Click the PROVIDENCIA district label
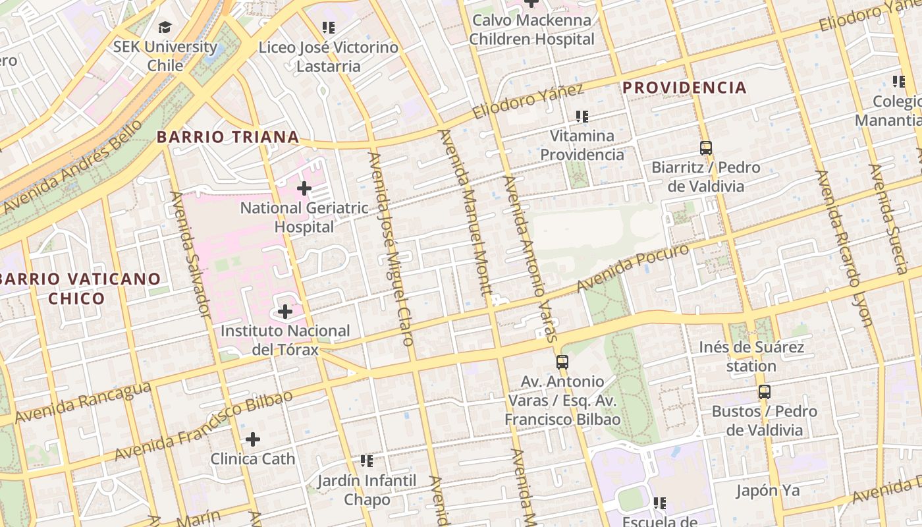point(684,88)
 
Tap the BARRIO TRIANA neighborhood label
point(228,137)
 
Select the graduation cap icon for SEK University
point(165,28)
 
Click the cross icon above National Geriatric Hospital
point(304,189)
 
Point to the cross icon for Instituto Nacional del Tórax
point(285,311)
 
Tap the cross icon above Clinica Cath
point(253,439)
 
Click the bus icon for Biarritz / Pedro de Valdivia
point(706,148)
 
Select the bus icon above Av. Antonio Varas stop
point(562,362)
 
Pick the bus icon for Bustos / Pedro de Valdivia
point(764,392)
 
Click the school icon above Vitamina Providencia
point(582,117)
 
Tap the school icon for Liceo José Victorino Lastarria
point(328,28)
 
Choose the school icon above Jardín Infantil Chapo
point(366,461)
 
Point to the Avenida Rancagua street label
point(82,403)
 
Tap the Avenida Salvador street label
point(190,255)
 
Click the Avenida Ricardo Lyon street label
point(844,248)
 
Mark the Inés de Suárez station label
point(751,356)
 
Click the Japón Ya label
point(767,491)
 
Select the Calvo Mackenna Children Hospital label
point(531,30)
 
